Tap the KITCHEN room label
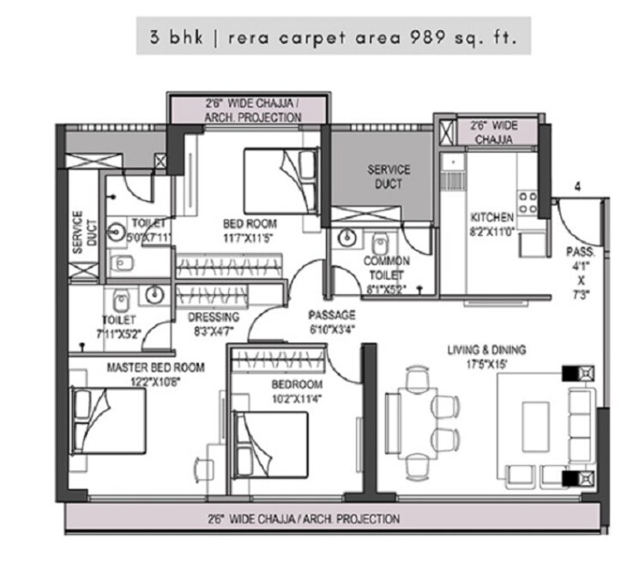[x=492, y=218]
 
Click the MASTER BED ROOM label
[x=155, y=367]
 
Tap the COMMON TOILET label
[x=386, y=261]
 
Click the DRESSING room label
[x=213, y=317]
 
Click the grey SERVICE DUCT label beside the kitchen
[x=389, y=177]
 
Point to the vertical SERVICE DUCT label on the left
[x=77, y=233]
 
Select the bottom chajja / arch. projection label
[x=303, y=519]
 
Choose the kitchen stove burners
[x=530, y=204]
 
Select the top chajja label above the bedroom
[x=247, y=109]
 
